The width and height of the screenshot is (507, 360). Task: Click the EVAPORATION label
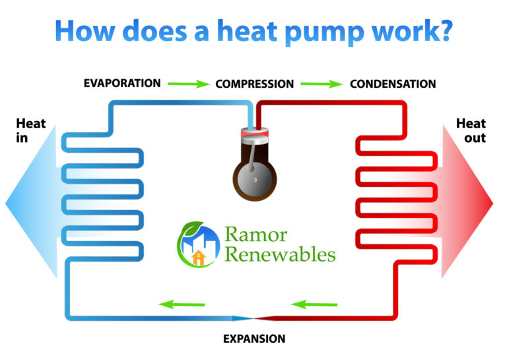tap(122, 83)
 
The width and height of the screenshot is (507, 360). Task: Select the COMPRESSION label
tap(254, 85)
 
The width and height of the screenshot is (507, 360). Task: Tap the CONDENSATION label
tap(393, 85)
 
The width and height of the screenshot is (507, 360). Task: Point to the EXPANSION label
tap(254, 339)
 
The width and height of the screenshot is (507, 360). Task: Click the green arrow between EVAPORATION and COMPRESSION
tap(187, 84)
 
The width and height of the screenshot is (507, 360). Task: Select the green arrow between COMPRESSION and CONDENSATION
tap(321, 84)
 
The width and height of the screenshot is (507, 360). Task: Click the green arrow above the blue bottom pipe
tap(182, 305)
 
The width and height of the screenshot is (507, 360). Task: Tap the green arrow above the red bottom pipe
tap(314, 305)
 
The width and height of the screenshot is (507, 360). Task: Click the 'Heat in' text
tap(31, 130)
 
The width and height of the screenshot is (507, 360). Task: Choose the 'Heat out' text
tap(471, 130)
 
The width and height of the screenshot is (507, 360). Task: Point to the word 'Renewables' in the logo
tap(280, 254)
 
